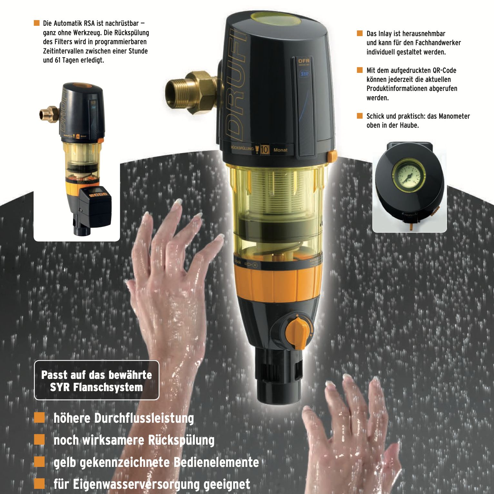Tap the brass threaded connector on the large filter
click(190, 93)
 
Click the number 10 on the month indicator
click(264, 149)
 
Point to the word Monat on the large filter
click(280, 150)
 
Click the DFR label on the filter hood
click(304, 61)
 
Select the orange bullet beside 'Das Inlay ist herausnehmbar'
click(360, 33)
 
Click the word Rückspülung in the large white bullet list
click(181, 440)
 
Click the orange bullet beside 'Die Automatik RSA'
click(36, 23)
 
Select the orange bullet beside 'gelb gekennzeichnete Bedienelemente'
click(39, 461)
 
